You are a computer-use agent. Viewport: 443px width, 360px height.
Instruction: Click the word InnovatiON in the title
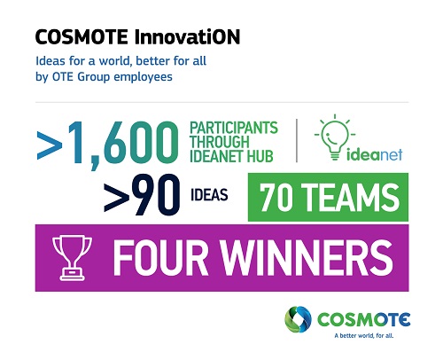click(x=187, y=37)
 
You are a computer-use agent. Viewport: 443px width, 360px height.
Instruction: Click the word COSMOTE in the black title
click(x=82, y=37)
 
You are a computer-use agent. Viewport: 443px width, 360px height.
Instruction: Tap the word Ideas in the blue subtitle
click(x=51, y=61)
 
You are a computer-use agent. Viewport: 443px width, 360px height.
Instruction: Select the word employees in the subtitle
click(x=143, y=77)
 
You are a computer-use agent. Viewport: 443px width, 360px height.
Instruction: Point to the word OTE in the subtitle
click(x=63, y=77)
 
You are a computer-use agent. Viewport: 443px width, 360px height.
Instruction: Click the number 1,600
click(x=123, y=143)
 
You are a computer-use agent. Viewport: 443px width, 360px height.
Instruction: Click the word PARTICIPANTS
click(x=234, y=128)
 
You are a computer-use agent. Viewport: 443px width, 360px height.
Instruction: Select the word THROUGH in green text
click(x=220, y=142)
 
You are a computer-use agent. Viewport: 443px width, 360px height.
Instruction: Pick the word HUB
click(x=260, y=156)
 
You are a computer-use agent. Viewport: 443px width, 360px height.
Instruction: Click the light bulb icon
click(x=335, y=137)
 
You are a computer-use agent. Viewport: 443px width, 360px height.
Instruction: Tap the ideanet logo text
click(x=374, y=154)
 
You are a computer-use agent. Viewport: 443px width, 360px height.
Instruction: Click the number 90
click(x=156, y=194)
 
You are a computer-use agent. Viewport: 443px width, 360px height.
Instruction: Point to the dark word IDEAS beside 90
click(x=209, y=195)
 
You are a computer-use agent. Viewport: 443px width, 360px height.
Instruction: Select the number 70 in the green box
click(x=276, y=197)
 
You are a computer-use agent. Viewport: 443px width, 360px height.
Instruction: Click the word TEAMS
click(x=350, y=197)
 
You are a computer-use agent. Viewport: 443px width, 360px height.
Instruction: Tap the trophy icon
click(x=72, y=257)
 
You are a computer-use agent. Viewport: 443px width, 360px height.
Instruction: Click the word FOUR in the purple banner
click(x=160, y=257)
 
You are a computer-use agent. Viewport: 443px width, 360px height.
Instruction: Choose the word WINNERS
click(x=307, y=257)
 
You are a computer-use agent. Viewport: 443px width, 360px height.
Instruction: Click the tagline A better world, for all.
click(x=364, y=335)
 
